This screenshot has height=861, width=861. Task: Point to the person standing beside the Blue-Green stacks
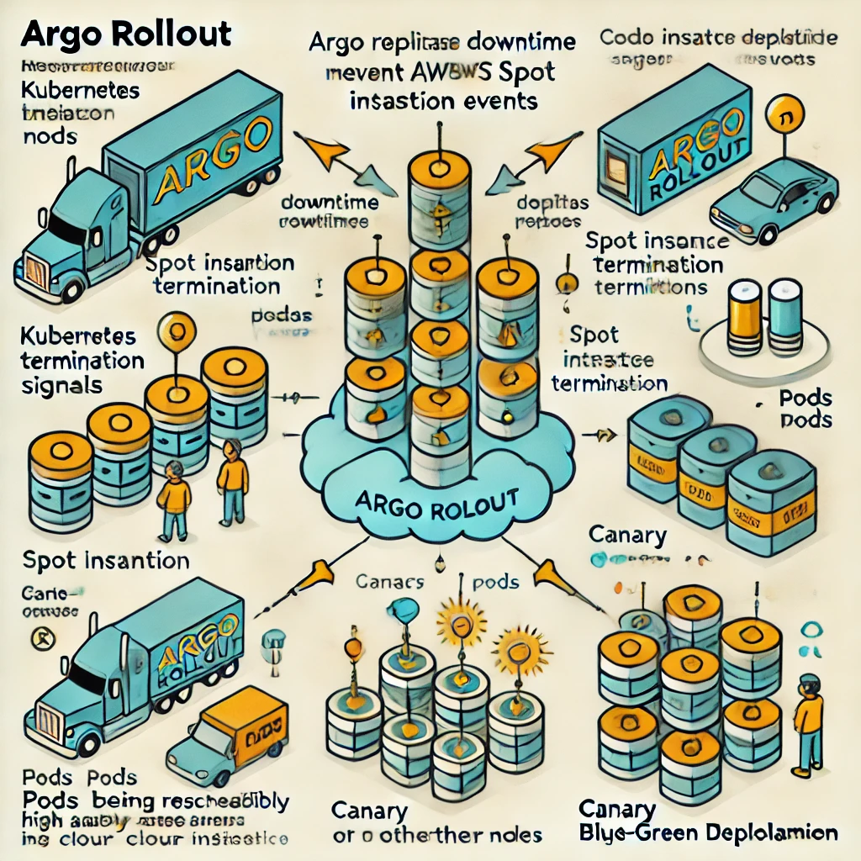click(x=808, y=723)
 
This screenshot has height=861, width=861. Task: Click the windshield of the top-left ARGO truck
click(x=67, y=227)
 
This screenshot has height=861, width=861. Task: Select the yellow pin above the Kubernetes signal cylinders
click(x=177, y=327)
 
